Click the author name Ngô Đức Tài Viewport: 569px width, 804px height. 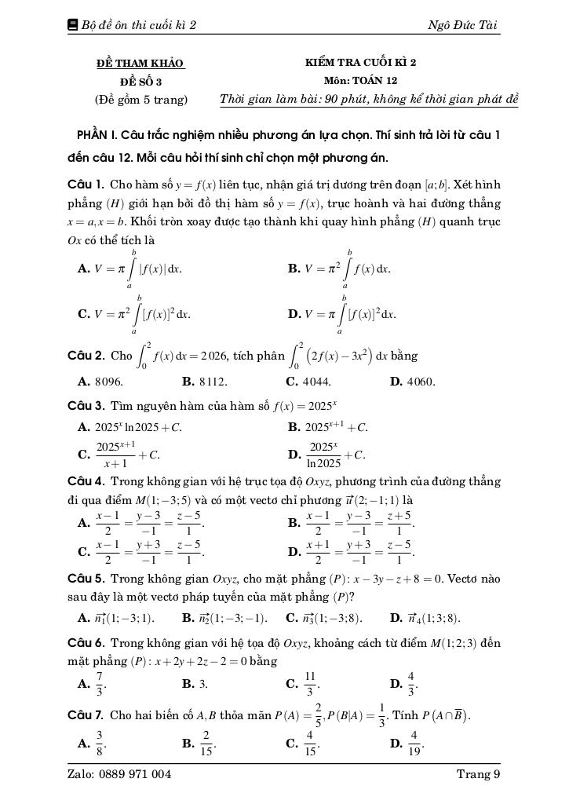(x=462, y=25)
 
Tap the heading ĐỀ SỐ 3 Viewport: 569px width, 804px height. (x=141, y=81)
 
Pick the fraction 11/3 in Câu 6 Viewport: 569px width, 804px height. (x=310, y=684)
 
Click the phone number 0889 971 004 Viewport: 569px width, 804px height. (x=136, y=774)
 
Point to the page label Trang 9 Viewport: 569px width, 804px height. (x=478, y=774)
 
